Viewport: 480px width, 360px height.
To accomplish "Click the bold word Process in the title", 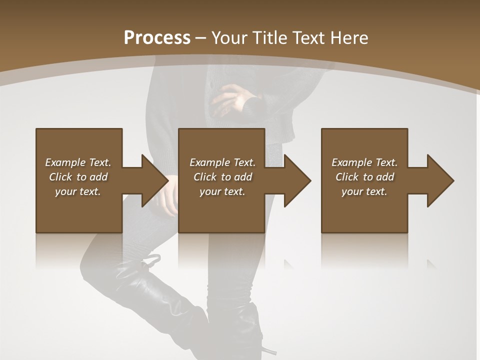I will [157, 38].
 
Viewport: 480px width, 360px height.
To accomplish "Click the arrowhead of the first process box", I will [154, 180].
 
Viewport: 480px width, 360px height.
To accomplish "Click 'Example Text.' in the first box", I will [78, 162].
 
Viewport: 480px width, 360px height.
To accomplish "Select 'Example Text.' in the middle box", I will [222, 162].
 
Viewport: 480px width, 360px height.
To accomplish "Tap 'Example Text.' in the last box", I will [364, 162].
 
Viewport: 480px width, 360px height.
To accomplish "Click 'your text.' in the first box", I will [78, 191].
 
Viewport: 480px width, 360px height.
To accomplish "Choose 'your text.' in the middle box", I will [222, 191].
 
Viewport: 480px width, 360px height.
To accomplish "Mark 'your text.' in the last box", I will [364, 191].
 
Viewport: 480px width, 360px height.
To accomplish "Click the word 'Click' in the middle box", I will [204, 177].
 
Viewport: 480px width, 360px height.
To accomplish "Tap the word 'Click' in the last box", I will [346, 177].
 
